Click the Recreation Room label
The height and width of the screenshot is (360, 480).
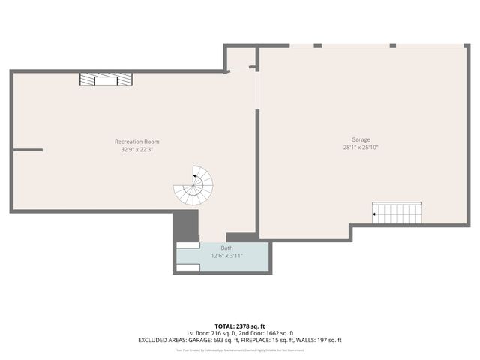[136, 142]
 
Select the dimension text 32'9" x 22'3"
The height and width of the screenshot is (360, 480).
[136, 149]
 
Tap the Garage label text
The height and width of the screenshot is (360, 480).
[361, 139]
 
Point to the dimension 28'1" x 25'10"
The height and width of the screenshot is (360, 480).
[361, 148]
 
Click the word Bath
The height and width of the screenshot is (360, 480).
[226, 247]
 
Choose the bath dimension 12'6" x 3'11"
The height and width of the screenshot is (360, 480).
[226, 255]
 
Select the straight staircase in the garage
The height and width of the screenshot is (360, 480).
[397, 213]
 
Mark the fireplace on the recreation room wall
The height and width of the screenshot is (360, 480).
[106, 79]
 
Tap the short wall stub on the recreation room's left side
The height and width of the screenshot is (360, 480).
[28, 150]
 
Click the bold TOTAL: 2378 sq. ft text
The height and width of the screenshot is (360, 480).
[240, 326]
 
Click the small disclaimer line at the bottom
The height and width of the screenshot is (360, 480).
[240, 349]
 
